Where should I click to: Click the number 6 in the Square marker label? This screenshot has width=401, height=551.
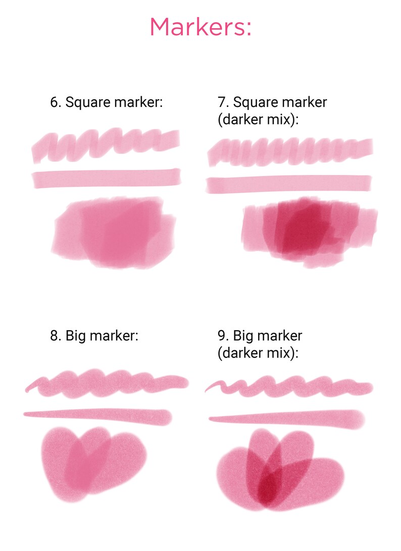point(54,103)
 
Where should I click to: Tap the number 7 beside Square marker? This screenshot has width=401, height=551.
point(222,102)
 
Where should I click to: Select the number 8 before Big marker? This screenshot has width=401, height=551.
point(54,336)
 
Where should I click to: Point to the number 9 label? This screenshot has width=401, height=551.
point(222,336)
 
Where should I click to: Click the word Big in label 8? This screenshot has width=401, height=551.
point(76,336)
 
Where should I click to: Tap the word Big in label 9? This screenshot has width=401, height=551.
point(244,336)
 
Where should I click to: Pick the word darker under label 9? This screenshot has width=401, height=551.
point(240,353)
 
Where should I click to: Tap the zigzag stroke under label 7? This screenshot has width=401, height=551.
point(290,150)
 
